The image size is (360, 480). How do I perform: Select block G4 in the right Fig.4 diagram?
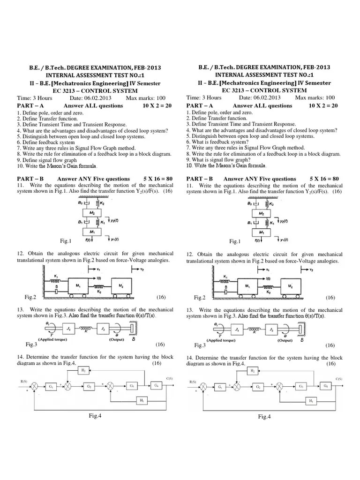click(x=324, y=386)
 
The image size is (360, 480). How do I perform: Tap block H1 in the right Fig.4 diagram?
click(x=311, y=401)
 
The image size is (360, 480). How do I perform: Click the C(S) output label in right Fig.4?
click(x=338, y=378)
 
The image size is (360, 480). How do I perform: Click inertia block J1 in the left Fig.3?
click(x=68, y=330)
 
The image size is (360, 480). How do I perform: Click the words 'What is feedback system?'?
click(x=215, y=142)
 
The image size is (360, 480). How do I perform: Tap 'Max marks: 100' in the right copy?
click(x=315, y=97)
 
